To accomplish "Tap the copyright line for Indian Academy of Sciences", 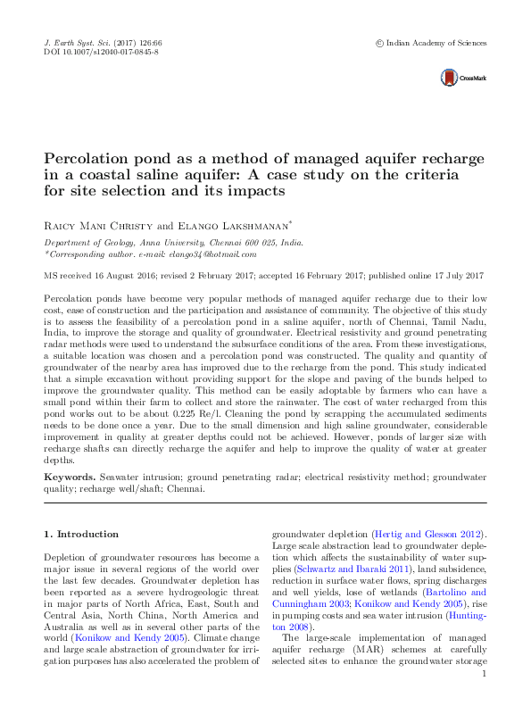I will point(431,42).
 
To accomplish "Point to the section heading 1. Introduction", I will point(81,534).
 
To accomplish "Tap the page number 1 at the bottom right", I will point(483,698).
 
